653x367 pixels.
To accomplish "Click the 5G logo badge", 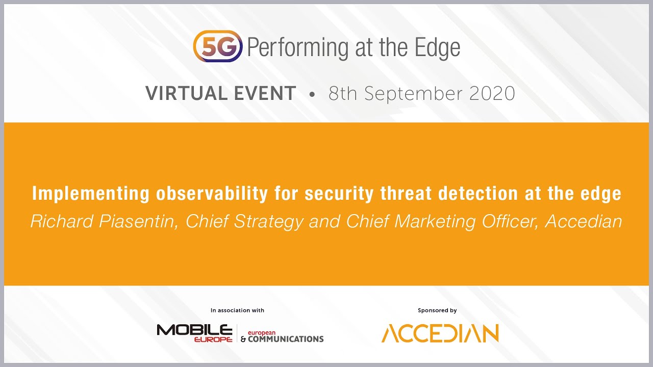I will click(x=218, y=46).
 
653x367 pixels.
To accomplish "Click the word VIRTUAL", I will click(x=186, y=94).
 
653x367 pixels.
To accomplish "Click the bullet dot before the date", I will click(x=312, y=95).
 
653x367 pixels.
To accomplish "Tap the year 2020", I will click(x=490, y=94).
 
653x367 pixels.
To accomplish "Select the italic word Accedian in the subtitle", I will click(x=584, y=221).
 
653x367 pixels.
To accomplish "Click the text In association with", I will click(x=237, y=310).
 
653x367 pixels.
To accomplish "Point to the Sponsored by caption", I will click(x=437, y=310).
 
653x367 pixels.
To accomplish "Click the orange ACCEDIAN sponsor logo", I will click(x=440, y=333).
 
